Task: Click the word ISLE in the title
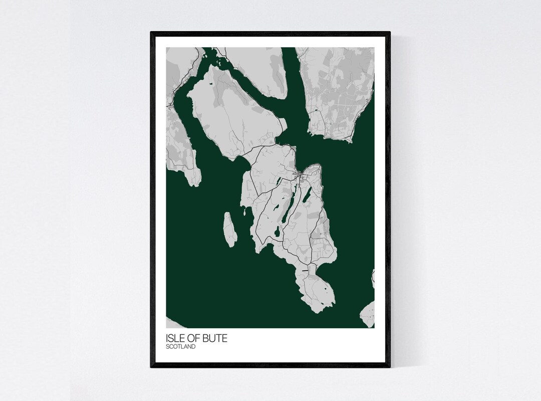pyautogui.click(x=175, y=338)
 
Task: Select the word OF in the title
pyautogui.click(x=193, y=338)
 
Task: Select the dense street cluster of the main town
pyautogui.click(x=299, y=175)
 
